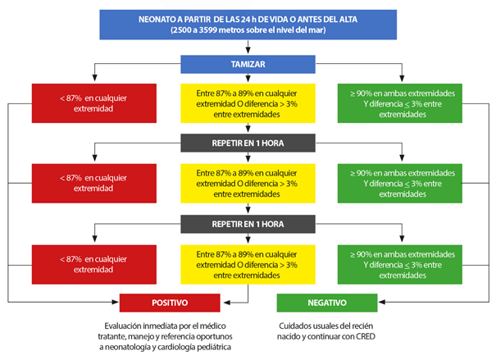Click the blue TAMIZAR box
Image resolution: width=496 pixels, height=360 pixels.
point(248,64)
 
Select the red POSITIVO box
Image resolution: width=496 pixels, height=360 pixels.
point(170,303)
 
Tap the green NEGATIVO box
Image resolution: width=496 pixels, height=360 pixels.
point(327,303)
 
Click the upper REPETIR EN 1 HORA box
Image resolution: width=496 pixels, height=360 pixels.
point(248,143)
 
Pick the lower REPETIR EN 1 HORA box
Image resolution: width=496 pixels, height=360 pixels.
point(248,224)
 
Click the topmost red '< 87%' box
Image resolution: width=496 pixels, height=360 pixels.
point(94,103)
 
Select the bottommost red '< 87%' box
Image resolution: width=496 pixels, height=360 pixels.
point(94,264)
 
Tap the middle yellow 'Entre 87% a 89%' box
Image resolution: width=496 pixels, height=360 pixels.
point(248,183)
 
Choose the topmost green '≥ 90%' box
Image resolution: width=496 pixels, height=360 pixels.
point(400,103)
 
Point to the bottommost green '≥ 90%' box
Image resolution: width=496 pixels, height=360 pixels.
point(400,264)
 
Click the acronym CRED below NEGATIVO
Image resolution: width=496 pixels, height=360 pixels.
point(366,336)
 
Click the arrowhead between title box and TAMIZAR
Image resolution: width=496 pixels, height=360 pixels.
point(248,51)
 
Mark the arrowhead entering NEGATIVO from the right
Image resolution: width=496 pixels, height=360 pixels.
point(382,302)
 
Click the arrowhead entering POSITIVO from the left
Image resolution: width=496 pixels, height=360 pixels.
point(115,302)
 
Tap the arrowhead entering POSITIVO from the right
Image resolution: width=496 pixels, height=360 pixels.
point(227,303)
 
